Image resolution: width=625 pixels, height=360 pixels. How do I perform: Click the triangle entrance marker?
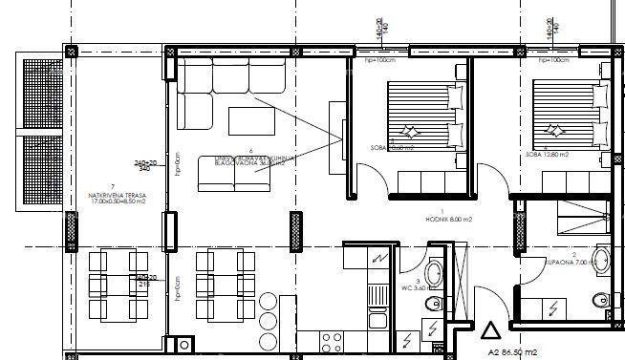(x=490, y=331)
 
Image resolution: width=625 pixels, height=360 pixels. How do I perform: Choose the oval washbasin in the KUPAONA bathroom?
(x=602, y=257)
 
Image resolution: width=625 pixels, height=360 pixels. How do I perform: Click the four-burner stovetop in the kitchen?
(x=334, y=342)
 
